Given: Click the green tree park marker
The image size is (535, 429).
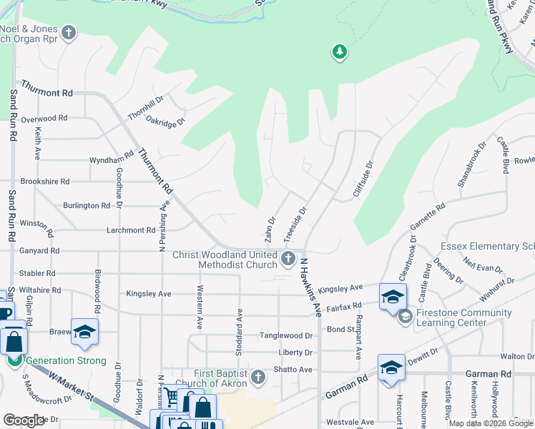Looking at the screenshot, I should point(339,51).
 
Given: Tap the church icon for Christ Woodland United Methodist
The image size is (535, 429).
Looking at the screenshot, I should point(288,259).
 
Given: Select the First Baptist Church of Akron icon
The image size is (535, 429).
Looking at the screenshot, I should point(259,376).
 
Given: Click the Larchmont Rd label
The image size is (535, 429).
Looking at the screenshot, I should point(131,230).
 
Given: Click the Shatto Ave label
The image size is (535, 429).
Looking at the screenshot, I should point(293,370).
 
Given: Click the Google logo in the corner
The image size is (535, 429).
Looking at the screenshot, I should point(24,420).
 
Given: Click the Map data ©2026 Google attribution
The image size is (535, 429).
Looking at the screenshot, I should point(491,423).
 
